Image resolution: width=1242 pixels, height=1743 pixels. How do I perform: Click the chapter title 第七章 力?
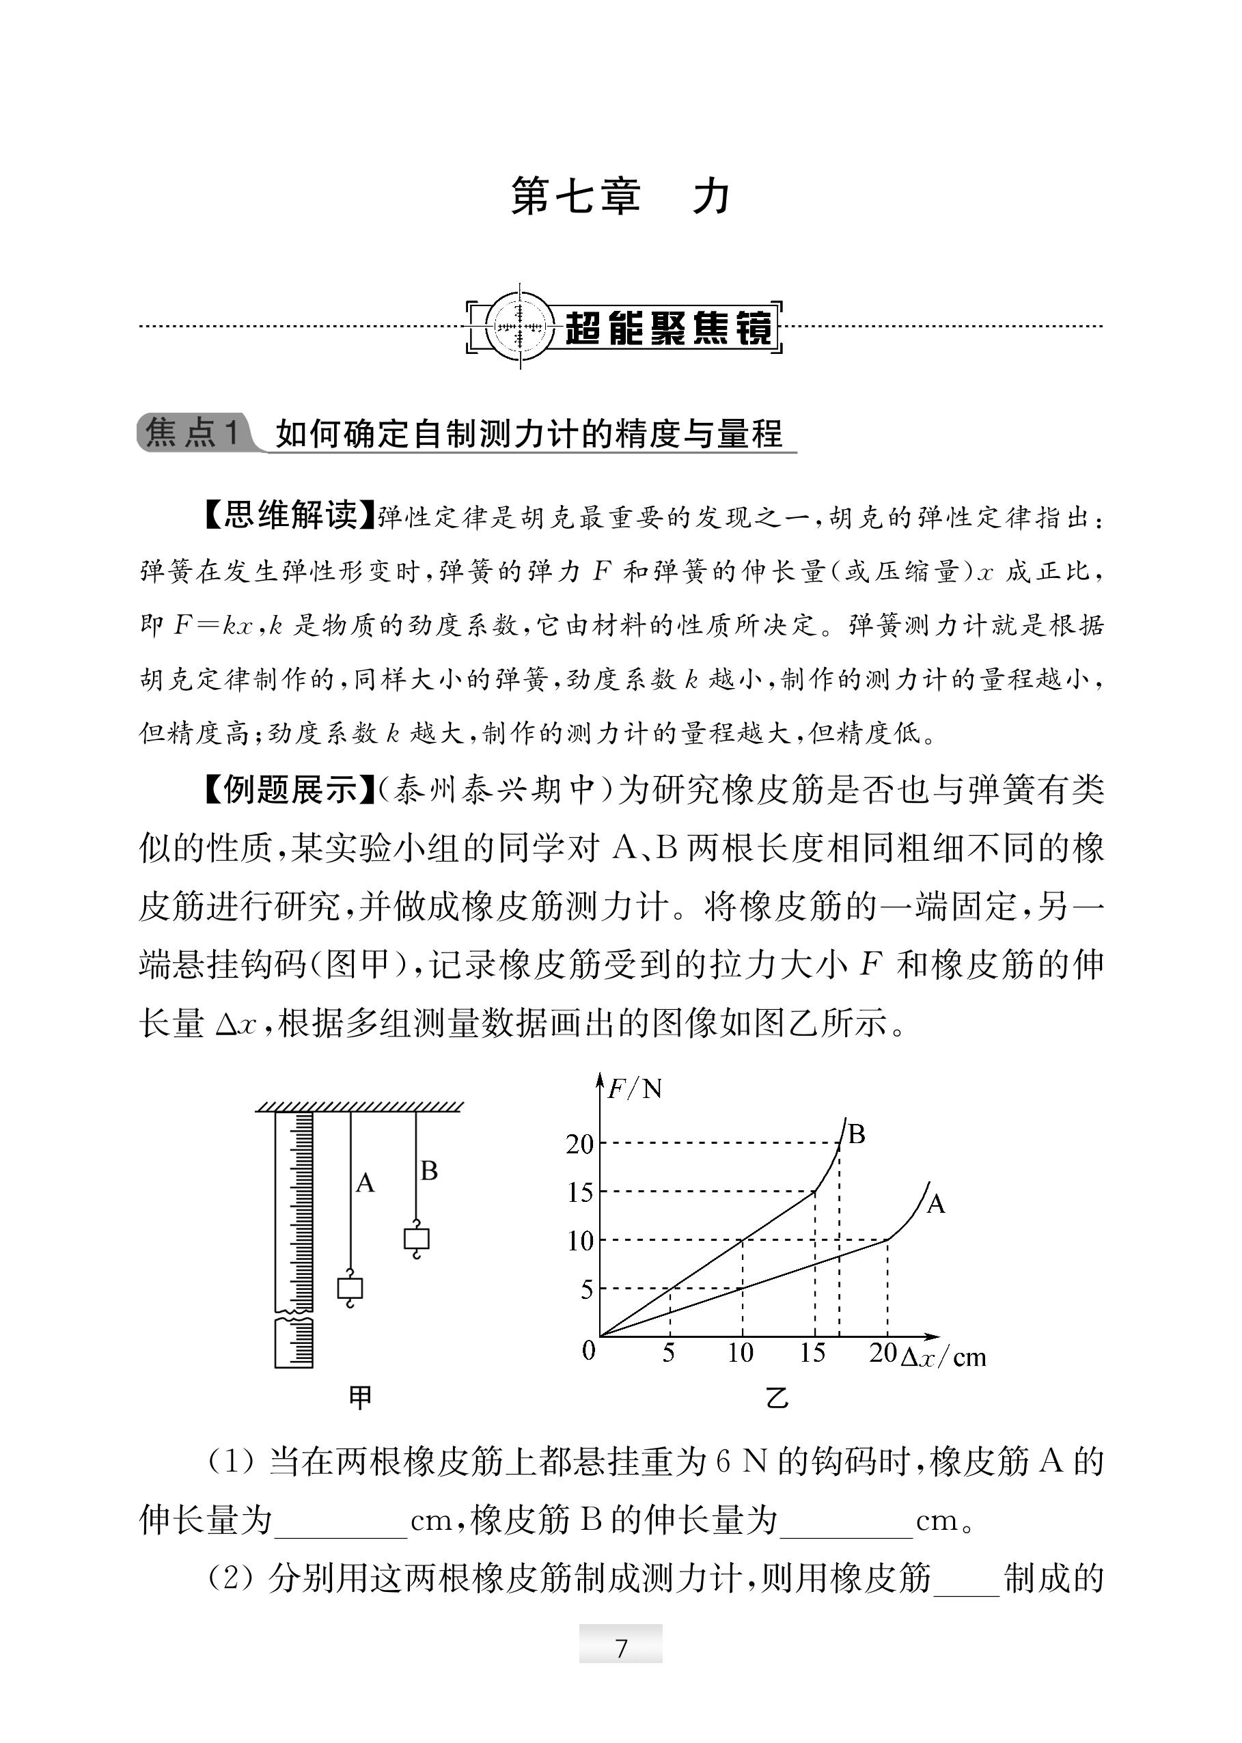point(620,197)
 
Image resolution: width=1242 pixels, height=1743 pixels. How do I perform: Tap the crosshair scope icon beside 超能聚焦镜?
point(520,327)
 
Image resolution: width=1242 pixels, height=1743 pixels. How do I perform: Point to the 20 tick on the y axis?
point(580,1144)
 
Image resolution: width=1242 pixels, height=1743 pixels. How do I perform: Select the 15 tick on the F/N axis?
point(580,1192)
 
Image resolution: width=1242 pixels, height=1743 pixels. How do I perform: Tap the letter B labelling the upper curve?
point(857,1134)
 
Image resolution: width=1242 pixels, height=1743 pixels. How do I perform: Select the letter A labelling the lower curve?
point(935,1205)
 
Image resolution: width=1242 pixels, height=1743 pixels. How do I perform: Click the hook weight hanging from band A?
point(350,1289)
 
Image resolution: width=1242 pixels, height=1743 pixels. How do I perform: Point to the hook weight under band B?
point(416,1239)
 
